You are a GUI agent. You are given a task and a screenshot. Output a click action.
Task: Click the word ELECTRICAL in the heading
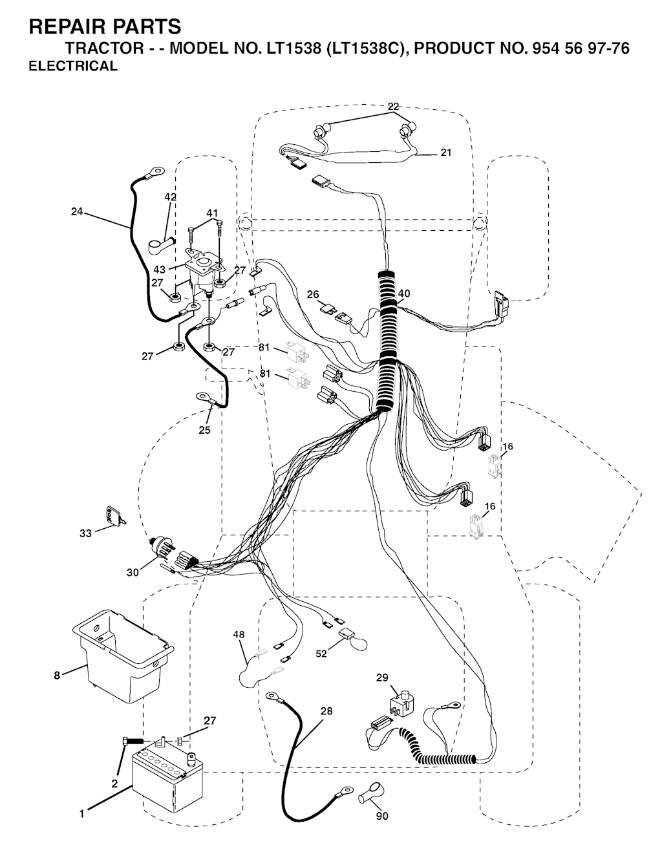(x=73, y=66)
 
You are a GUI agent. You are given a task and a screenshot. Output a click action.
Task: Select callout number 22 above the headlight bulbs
(x=393, y=106)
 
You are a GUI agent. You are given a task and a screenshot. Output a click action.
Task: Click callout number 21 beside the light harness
(x=446, y=152)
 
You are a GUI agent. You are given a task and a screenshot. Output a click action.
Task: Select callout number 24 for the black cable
(x=77, y=211)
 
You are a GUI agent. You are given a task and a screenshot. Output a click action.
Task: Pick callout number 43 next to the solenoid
(x=159, y=270)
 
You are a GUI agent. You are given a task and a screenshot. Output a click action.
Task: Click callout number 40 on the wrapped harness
(x=404, y=294)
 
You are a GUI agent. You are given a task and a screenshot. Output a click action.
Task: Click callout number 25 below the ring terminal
(x=205, y=430)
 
